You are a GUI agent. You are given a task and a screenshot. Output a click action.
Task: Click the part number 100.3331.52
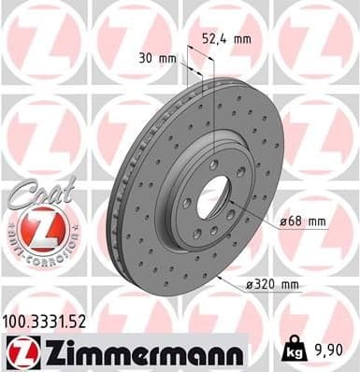[50, 322]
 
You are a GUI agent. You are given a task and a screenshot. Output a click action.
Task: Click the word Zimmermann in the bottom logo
[126, 353]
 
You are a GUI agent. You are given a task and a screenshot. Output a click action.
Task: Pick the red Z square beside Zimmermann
[21, 353]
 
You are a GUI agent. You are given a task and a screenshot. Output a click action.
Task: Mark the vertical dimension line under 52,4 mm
[216, 93]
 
